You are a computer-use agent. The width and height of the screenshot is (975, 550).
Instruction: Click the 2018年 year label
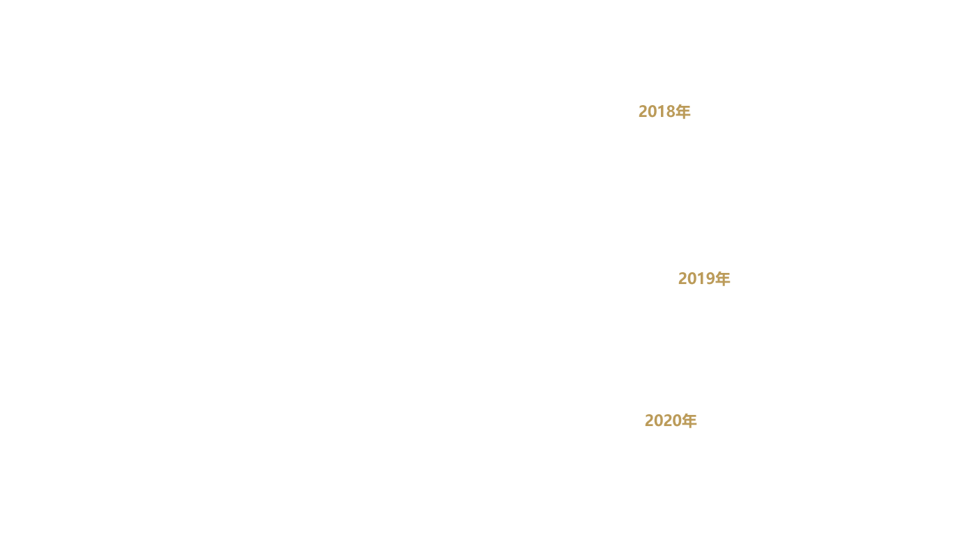(664, 111)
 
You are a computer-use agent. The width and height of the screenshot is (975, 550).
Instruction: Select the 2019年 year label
(704, 278)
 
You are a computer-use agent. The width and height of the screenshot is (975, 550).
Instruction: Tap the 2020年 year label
(670, 421)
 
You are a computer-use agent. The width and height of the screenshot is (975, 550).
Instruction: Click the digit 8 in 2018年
(670, 112)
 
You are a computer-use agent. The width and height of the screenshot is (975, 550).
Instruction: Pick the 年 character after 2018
(682, 111)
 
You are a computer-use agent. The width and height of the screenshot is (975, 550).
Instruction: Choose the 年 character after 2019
(722, 278)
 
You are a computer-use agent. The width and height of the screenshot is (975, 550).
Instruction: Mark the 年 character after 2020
(689, 421)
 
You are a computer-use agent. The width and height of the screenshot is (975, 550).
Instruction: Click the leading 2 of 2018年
(643, 112)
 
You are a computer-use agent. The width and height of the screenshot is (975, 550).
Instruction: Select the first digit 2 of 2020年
(649, 421)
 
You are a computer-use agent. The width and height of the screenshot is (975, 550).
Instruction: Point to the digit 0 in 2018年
(652, 112)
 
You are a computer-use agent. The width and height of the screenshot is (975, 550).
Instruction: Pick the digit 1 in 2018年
(661, 112)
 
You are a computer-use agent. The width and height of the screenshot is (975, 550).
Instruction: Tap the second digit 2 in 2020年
(667, 421)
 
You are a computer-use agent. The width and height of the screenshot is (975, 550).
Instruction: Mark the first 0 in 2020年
(658, 421)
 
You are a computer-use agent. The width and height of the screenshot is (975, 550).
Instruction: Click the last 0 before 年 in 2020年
(676, 421)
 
